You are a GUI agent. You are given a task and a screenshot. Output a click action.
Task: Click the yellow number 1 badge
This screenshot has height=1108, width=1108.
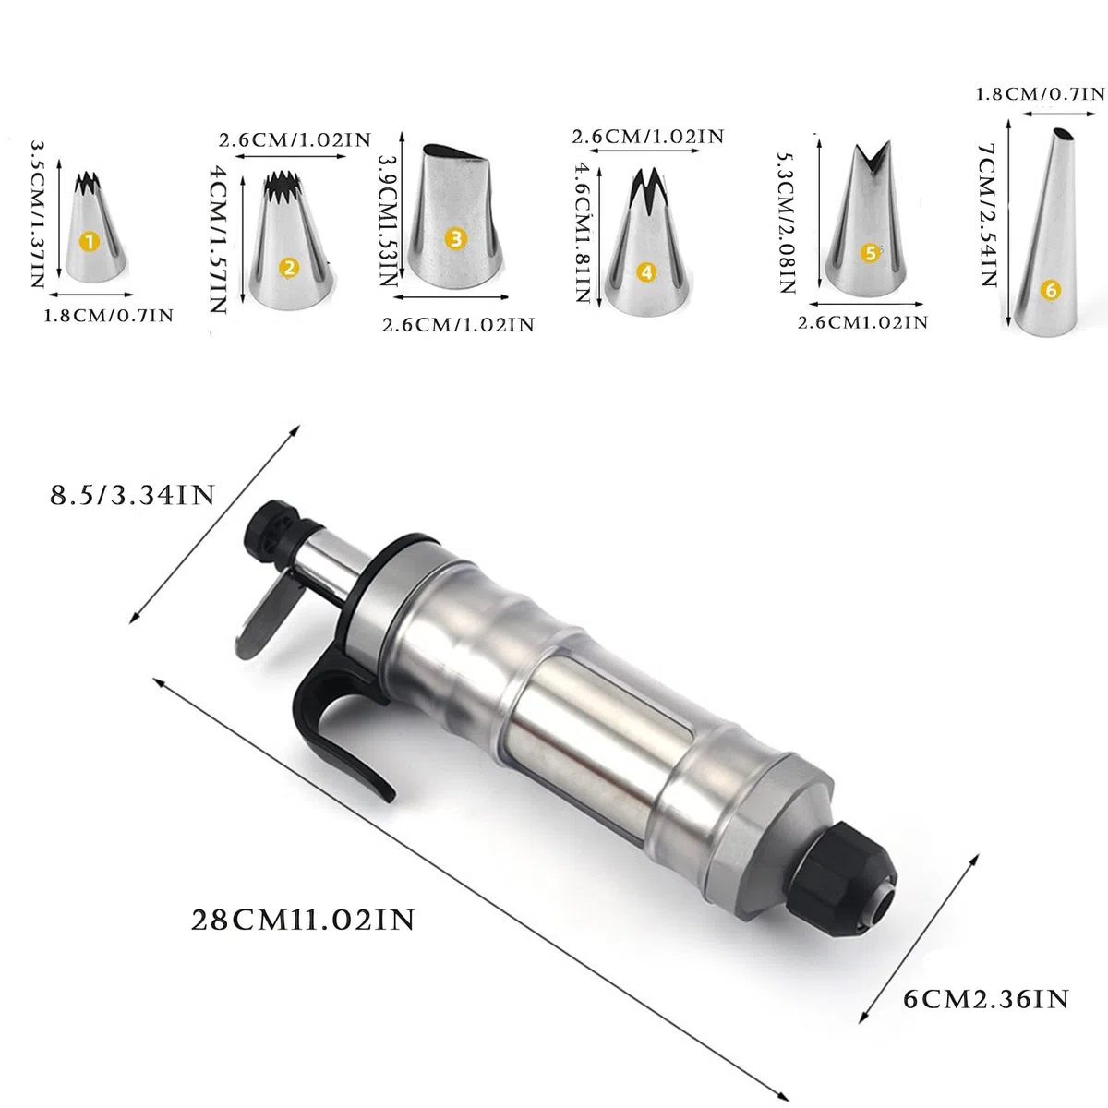coord(90,242)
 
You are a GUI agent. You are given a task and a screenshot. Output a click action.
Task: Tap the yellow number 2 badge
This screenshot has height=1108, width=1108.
coord(289,268)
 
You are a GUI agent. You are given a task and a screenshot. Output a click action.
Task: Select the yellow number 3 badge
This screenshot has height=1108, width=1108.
coord(456,238)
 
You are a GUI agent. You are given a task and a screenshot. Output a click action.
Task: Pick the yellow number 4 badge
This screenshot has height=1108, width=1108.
coord(647,272)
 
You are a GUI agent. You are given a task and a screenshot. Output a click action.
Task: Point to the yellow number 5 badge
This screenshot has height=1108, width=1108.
coord(871,252)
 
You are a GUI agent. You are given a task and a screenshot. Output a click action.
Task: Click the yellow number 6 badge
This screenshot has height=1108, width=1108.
coord(1051,290)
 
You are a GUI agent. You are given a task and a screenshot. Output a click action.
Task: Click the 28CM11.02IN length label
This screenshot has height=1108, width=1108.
coord(303,921)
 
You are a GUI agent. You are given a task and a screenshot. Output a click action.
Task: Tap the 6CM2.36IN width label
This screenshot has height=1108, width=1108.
coord(986,1000)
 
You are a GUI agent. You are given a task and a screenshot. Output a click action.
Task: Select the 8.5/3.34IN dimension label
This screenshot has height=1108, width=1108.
coord(132,495)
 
